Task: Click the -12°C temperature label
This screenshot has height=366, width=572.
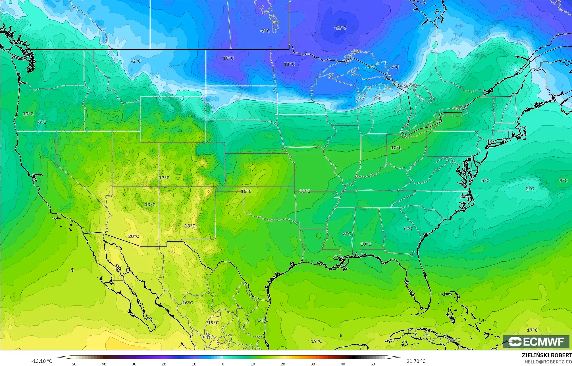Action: [x=340, y=28]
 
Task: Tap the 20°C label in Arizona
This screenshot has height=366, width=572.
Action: [x=134, y=236]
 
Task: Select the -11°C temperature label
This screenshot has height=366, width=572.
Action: [x=288, y=64]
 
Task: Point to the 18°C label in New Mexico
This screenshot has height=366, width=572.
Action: [x=190, y=226]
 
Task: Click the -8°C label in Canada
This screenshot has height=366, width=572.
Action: [x=265, y=31]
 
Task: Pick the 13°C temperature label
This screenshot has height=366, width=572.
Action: [x=150, y=205]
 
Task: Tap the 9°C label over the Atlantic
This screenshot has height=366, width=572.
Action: [x=563, y=181]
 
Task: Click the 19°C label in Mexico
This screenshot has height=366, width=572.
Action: [x=213, y=323]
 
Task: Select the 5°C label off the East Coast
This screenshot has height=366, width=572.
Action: [x=485, y=181]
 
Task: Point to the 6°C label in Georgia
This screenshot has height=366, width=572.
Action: [x=408, y=229]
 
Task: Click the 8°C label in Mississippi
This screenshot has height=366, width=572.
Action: [x=347, y=234]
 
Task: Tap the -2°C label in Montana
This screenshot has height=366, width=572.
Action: [x=136, y=61]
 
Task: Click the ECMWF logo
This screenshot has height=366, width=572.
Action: [x=536, y=342]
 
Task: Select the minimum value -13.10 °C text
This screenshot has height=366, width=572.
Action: [x=41, y=361]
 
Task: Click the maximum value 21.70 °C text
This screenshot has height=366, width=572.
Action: [x=416, y=361]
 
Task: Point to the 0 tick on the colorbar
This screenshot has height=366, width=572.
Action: [x=223, y=364]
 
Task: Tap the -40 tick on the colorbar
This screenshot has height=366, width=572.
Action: [x=103, y=364]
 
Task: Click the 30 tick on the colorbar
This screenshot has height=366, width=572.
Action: [x=313, y=364]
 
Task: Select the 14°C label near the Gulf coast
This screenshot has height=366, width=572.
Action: [x=262, y=320]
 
